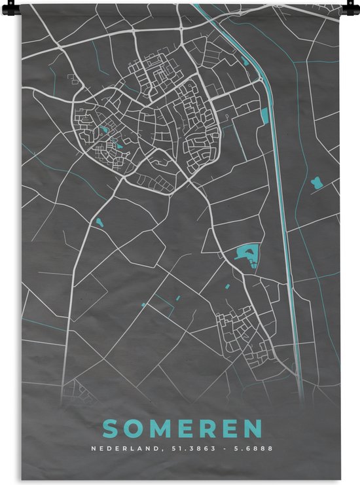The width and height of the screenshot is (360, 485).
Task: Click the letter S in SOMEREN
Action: pos(111,429)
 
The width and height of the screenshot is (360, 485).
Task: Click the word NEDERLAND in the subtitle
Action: pos(120,449)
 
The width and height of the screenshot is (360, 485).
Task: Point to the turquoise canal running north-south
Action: pos(282,196)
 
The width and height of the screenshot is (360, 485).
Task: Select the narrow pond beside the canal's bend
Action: pos(264,117)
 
